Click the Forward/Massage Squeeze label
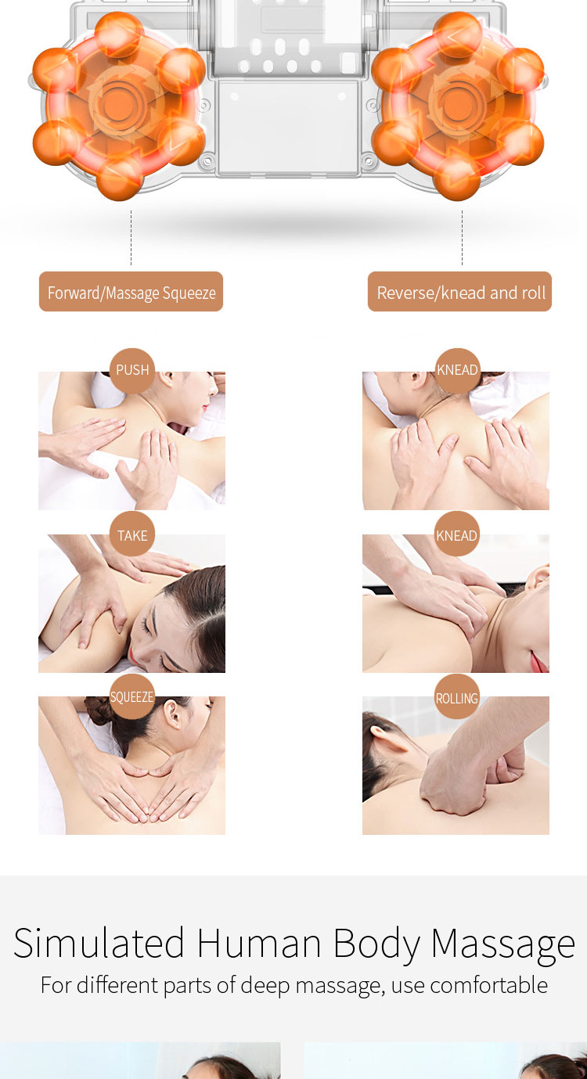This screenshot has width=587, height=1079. point(131,292)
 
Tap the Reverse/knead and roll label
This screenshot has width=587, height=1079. point(460,292)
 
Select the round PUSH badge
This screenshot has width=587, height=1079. point(132,370)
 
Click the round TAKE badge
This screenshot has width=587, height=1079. point(132,535)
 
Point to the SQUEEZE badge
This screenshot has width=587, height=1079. point(132,696)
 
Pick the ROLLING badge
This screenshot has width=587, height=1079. point(457,697)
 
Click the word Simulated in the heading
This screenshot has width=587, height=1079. point(99,943)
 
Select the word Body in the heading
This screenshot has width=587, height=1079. point(376,944)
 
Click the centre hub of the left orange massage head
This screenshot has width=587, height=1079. point(116,103)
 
